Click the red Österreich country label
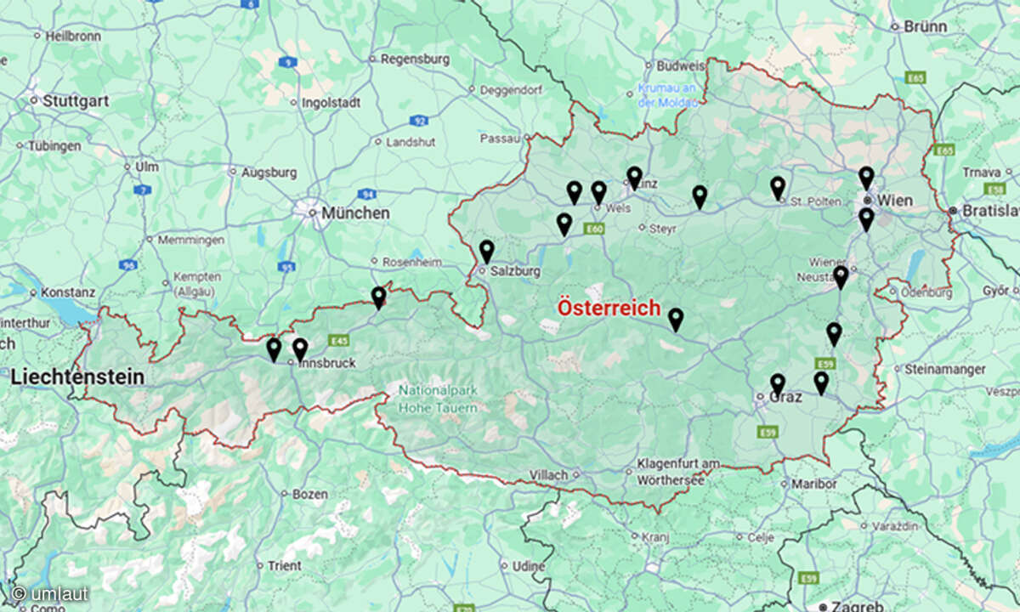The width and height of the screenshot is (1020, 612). [608, 308]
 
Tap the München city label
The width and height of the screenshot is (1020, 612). [355, 213]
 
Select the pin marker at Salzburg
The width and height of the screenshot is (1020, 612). [486, 251]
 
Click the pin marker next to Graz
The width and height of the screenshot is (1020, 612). [778, 384]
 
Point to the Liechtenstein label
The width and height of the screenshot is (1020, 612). [77, 377]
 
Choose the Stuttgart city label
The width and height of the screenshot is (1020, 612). [75, 100]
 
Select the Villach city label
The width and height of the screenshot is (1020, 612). [548, 475]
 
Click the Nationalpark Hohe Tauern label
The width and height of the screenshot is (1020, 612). [438, 400]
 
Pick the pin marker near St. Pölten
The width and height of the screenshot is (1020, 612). [778, 188]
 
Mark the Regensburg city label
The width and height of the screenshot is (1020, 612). [414, 59]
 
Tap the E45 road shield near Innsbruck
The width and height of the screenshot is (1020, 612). [339, 341]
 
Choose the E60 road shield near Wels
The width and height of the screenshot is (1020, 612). [594, 229]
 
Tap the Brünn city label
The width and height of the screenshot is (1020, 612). [925, 26]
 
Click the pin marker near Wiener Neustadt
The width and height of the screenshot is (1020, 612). [841, 277]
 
